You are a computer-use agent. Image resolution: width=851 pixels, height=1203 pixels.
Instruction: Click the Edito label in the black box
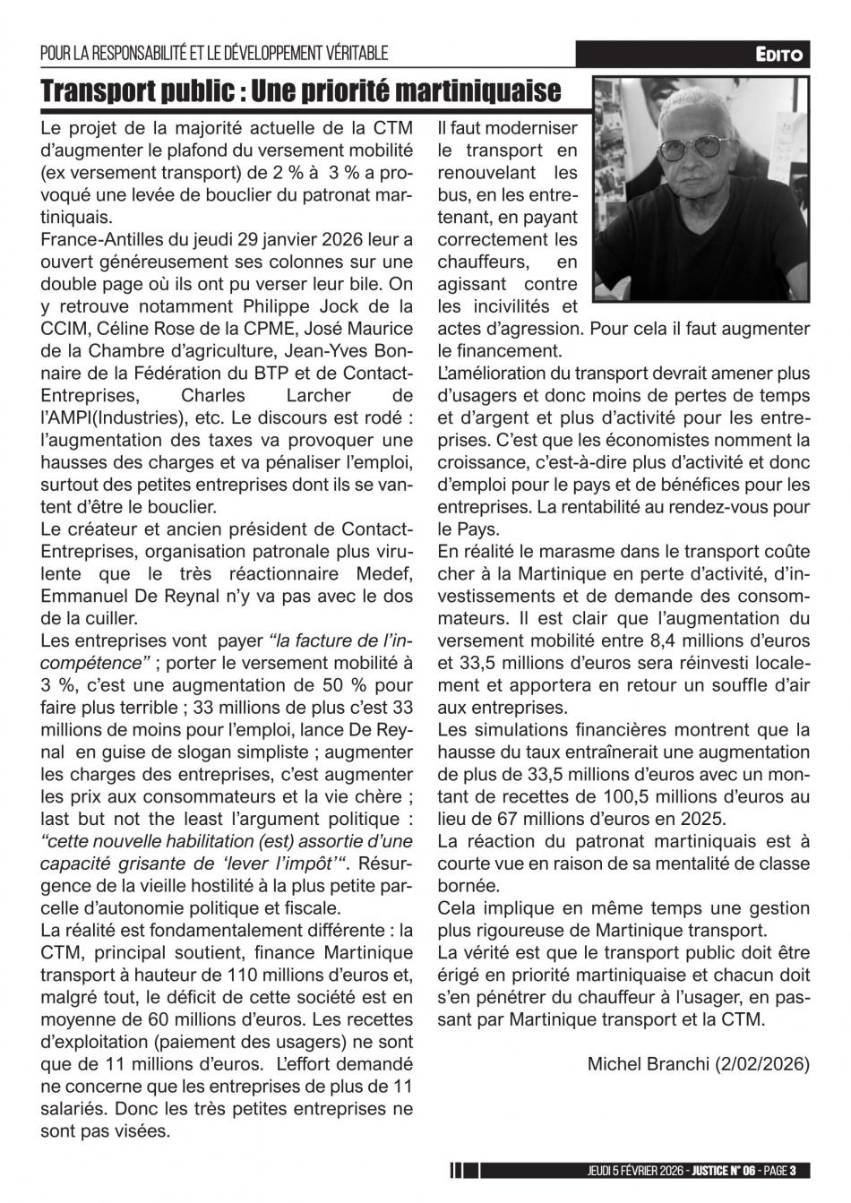coord(781,56)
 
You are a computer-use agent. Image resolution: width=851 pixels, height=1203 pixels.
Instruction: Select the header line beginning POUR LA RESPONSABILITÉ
coord(214,56)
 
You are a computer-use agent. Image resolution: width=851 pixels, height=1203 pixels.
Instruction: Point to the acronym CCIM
coord(64,329)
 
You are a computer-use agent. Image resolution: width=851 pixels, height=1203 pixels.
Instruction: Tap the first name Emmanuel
coord(82,596)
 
